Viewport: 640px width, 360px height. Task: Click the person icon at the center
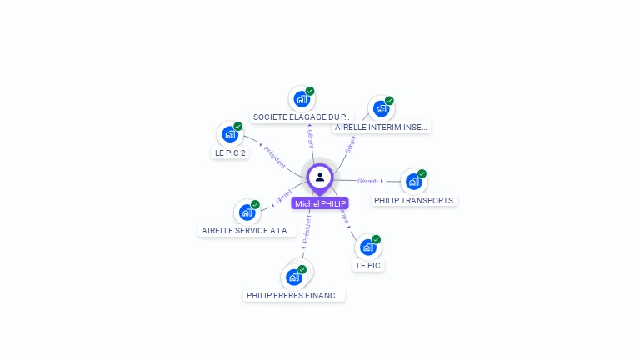click(x=320, y=177)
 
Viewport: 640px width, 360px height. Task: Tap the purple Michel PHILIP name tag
click(x=320, y=203)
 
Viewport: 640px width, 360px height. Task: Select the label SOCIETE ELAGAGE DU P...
click(x=302, y=117)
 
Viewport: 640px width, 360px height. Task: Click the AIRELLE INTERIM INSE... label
click(x=381, y=127)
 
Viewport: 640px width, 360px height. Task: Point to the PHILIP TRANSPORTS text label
click(x=413, y=201)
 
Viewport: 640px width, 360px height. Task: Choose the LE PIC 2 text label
click(x=230, y=153)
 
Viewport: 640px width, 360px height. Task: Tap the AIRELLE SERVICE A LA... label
click(x=247, y=230)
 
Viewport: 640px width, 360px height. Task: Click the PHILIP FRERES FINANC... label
click(x=294, y=295)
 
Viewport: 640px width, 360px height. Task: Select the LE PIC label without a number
click(x=368, y=266)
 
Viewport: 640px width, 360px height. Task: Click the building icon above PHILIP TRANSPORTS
click(x=413, y=182)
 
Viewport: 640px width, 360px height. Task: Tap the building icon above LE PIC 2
click(x=229, y=134)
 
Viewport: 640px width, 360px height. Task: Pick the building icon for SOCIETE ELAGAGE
click(x=301, y=99)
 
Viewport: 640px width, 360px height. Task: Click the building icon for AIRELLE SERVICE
click(x=247, y=212)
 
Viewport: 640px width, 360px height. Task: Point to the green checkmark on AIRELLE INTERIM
click(x=389, y=101)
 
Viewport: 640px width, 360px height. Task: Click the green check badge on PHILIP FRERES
click(x=302, y=269)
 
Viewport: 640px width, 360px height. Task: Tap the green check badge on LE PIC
click(x=376, y=239)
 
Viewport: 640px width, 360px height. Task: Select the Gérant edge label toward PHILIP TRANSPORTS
click(x=367, y=181)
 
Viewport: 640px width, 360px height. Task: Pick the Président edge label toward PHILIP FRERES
click(x=307, y=230)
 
